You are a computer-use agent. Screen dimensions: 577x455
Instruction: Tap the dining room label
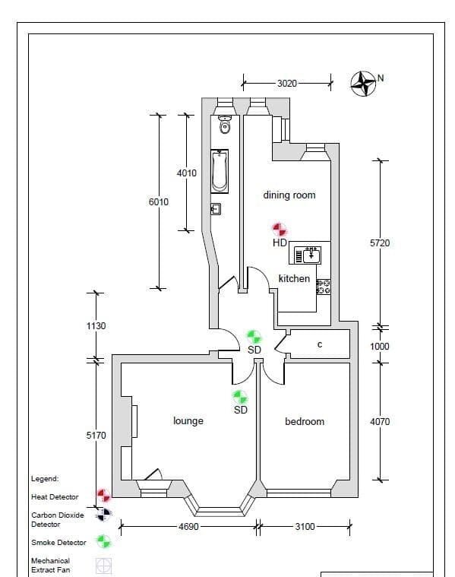point(289,195)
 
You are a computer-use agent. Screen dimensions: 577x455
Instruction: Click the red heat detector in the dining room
point(280,229)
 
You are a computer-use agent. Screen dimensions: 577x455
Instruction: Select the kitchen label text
point(294,278)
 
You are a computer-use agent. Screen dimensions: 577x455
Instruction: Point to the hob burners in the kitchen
point(323,286)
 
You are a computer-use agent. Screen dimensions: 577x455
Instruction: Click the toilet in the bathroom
point(223,121)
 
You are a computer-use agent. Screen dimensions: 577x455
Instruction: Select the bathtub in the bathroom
point(220,170)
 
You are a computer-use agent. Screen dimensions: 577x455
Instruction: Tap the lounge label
point(188,420)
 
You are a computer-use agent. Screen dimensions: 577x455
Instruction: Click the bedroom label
point(305,421)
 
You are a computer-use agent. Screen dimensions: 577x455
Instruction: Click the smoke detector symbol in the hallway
point(254,336)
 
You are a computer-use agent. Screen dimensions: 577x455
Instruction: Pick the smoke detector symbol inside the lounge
point(240,397)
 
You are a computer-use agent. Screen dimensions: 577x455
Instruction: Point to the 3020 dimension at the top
point(286,84)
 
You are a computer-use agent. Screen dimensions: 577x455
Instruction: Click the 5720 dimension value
point(380,243)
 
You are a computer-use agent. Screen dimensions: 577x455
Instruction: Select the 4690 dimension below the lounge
point(188,526)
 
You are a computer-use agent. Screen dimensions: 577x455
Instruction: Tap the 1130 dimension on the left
point(96,325)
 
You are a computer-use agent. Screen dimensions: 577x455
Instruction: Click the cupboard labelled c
point(320,344)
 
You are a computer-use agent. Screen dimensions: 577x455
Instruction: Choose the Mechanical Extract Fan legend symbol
point(103,566)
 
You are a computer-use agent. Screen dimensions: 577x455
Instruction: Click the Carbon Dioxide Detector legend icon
point(103,515)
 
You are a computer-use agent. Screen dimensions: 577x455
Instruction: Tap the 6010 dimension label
point(159,201)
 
